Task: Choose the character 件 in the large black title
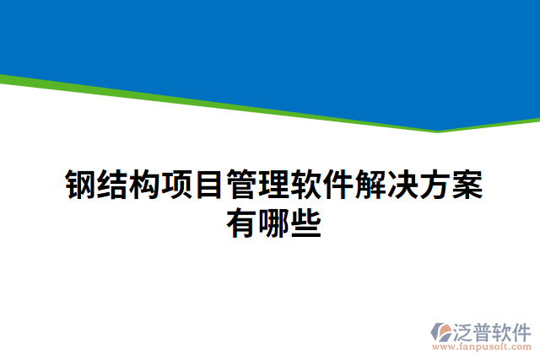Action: click(337, 185)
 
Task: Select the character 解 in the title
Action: click(370, 185)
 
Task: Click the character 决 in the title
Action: click(402, 185)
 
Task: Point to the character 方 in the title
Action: click(434, 185)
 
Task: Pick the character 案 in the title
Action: click(467, 185)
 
